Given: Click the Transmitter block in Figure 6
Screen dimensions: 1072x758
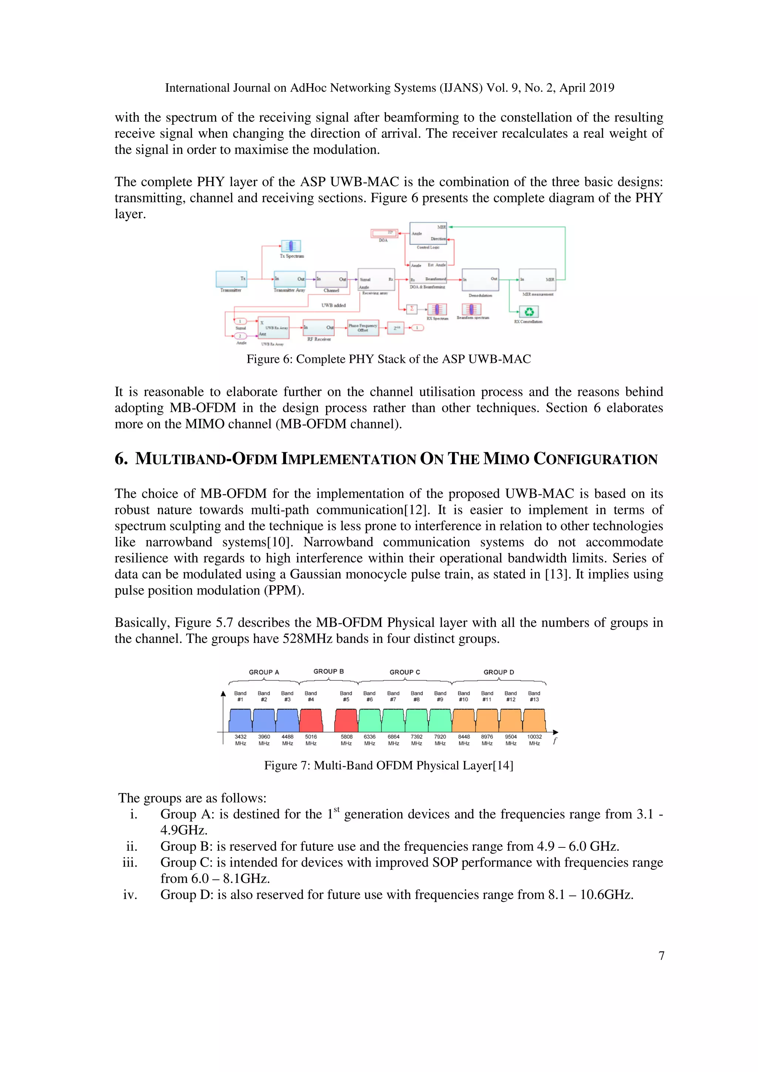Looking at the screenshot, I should click(231, 279).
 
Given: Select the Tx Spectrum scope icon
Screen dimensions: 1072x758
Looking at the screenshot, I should click(291, 246).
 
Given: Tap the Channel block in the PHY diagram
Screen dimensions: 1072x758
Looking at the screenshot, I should click(331, 279).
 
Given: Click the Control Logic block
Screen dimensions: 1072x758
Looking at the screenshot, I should click(428, 233).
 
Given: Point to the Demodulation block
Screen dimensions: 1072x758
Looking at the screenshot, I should click(480, 280).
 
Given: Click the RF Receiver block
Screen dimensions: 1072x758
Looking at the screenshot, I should click(319, 328).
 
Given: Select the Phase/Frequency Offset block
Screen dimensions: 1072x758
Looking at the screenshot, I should click(363, 328).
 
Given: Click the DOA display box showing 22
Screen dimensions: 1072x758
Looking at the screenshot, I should click(384, 233).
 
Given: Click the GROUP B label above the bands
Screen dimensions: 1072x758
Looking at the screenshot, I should click(328, 671).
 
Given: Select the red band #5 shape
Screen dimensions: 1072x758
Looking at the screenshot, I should click(346, 721).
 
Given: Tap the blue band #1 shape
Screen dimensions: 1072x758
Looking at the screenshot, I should click(241, 721).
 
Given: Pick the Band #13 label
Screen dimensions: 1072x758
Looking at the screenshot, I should click(534, 696).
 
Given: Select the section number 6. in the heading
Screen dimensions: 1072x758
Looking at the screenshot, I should click(121, 459).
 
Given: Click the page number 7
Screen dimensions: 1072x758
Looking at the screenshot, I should click(661, 956).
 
